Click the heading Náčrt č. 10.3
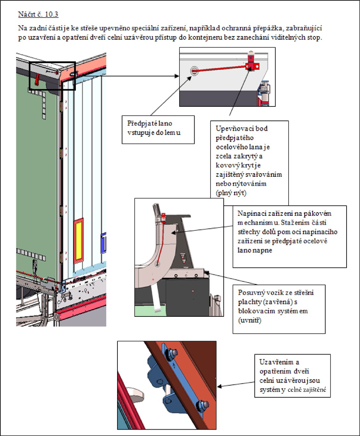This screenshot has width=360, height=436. click(x=38, y=14)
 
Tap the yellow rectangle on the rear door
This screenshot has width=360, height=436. click(x=79, y=240)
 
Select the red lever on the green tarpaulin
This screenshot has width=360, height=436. click(x=37, y=79)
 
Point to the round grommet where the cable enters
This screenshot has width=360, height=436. click(x=194, y=71)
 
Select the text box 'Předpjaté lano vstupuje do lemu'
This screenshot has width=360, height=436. click(x=158, y=130)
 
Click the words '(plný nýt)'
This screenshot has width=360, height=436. click(x=231, y=193)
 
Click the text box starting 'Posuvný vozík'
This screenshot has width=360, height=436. click(x=279, y=309)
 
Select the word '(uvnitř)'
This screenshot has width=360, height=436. click(x=250, y=320)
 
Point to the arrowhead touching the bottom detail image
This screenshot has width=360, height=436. click(x=220, y=386)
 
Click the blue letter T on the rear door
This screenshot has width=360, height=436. click(x=104, y=243)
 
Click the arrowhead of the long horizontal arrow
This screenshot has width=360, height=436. click(x=177, y=76)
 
